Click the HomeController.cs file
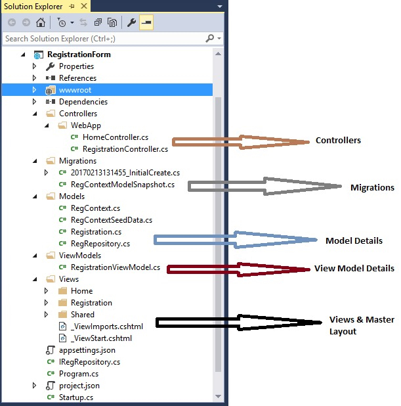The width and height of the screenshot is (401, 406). coord(116,137)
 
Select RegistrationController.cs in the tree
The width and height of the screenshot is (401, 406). coord(125,149)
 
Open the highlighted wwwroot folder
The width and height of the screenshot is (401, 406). coord(75,90)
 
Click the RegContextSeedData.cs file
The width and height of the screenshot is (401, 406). coord(112,220)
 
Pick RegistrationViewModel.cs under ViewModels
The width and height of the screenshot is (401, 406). coord(116,267)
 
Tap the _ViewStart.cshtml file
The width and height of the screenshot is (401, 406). coord(101,338)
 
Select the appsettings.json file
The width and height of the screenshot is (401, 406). coord(87,350)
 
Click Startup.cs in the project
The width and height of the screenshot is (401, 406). coord(76,397)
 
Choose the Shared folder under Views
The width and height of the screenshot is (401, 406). coord(83,315)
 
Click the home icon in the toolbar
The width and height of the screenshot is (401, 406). coord(41,22)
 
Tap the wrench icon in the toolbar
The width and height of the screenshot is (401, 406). coord(131,23)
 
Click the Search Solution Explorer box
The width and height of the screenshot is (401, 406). coord(104,39)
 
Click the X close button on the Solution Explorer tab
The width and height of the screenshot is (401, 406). coord(84,6)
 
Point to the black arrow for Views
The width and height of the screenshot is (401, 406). coord(238,323)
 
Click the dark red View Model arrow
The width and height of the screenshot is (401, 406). coord(238,270)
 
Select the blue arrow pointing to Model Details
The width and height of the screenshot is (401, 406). coord(236,240)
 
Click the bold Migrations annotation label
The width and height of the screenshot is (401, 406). coord(372,187)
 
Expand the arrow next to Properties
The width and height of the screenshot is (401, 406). coord(34,66)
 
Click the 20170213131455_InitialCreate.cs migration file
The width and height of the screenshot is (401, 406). coord(125,173)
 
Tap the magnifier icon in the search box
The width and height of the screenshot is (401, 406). coord(209,38)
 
